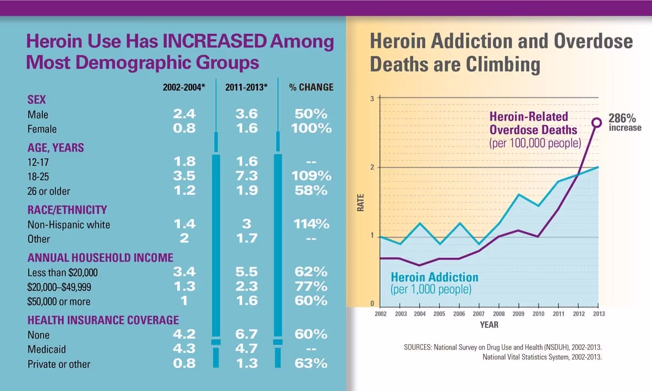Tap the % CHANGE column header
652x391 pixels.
click(311, 88)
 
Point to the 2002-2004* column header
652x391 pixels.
click(184, 88)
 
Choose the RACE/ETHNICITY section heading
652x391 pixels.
click(67, 210)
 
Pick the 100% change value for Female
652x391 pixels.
click(311, 128)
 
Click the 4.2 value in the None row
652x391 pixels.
click(184, 334)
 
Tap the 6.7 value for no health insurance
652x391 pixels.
click(246, 334)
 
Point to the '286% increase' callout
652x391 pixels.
click(624, 122)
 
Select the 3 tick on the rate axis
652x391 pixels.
click(372, 99)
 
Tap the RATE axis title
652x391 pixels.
click(361, 204)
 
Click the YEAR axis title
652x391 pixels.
click(489, 324)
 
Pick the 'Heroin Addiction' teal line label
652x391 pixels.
click(434, 277)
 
